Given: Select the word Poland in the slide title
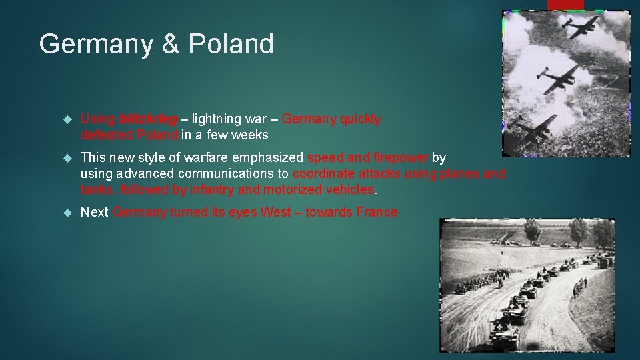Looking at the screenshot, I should pos(231,45).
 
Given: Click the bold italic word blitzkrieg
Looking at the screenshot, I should pos(148,120).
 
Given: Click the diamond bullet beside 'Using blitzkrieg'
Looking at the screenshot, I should pos(65,120).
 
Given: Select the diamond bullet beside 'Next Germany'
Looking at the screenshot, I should pos(65,213).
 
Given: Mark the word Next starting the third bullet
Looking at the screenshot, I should pos(95,213).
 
